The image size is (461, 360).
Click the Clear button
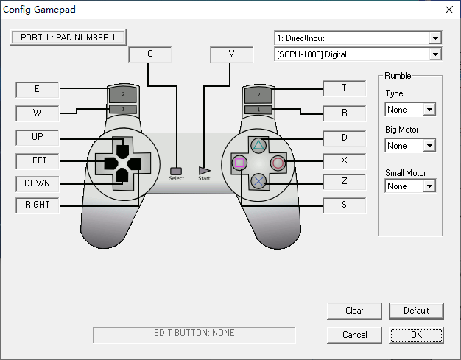point(354,311)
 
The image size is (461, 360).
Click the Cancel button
point(354,335)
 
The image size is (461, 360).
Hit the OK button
point(416,335)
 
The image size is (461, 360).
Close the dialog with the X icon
point(449,10)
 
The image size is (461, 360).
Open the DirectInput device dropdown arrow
point(435,38)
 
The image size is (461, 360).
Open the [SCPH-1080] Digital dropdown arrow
point(435,54)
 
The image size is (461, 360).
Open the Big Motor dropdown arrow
point(429,146)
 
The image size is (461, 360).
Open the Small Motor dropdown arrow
point(429,186)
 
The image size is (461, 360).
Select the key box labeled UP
point(38,137)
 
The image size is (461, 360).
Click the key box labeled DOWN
point(38,183)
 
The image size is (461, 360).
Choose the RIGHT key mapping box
point(38,205)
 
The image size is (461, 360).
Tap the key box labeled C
point(150,54)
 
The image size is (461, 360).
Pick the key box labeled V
point(232,54)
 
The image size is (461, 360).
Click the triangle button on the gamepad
point(258,145)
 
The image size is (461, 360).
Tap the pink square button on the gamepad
point(239,163)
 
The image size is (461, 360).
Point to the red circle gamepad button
point(278,163)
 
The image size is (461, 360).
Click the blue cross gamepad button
point(258,181)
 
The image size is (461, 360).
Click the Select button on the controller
point(176,171)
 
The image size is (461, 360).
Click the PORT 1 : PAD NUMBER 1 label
point(68,38)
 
